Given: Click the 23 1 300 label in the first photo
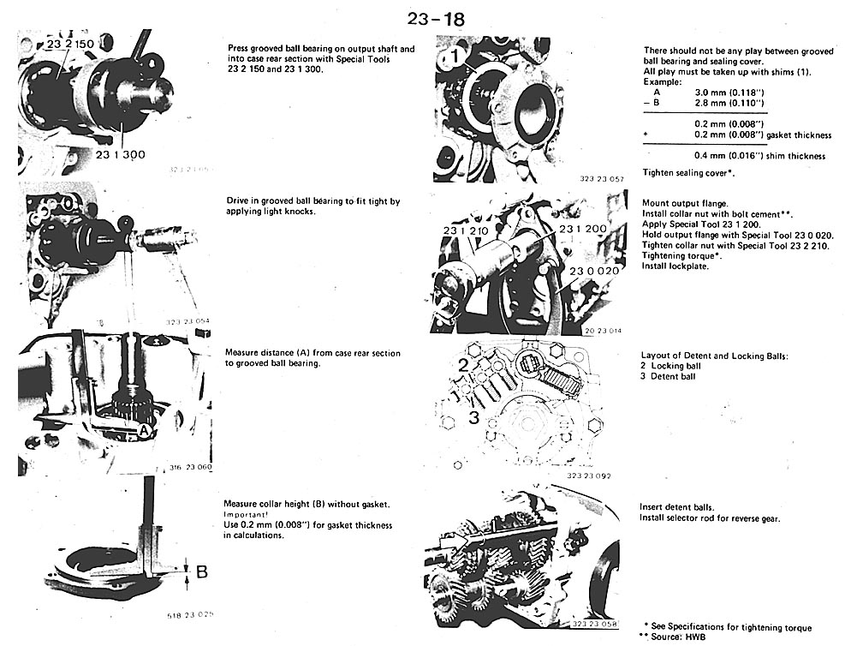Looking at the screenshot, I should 122,154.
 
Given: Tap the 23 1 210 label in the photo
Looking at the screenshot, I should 464,231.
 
